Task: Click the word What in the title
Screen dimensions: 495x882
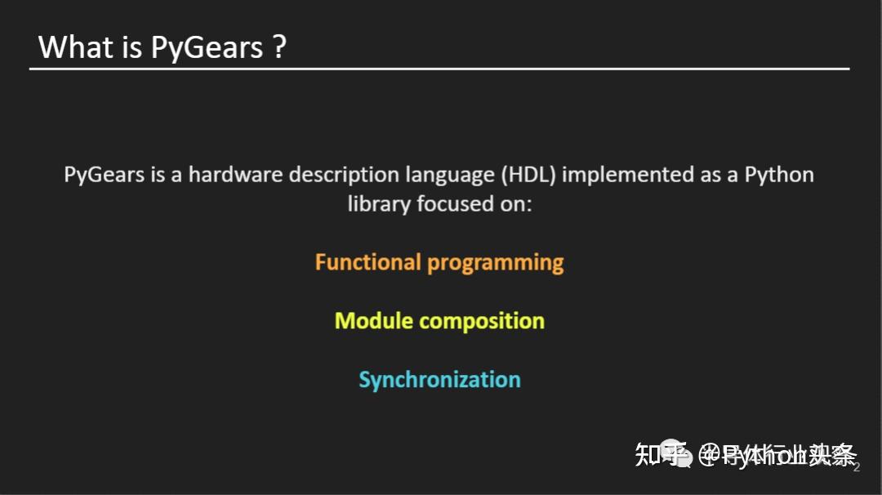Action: click(x=76, y=47)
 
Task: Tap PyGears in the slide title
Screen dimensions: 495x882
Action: click(x=207, y=47)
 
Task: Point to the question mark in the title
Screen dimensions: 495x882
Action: click(x=279, y=47)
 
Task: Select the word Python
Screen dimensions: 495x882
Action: click(x=779, y=175)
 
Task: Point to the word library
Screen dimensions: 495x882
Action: click(x=379, y=203)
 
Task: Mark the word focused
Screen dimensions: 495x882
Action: click(x=453, y=203)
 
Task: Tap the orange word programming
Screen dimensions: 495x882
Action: click(x=496, y=263)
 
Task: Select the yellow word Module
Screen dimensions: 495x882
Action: click(x=372, y=321)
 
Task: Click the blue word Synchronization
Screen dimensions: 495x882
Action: click(x=439, y=380)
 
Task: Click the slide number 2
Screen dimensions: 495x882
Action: click(x=857, y=467)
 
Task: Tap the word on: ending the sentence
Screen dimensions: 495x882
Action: click(x=516, y=203)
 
